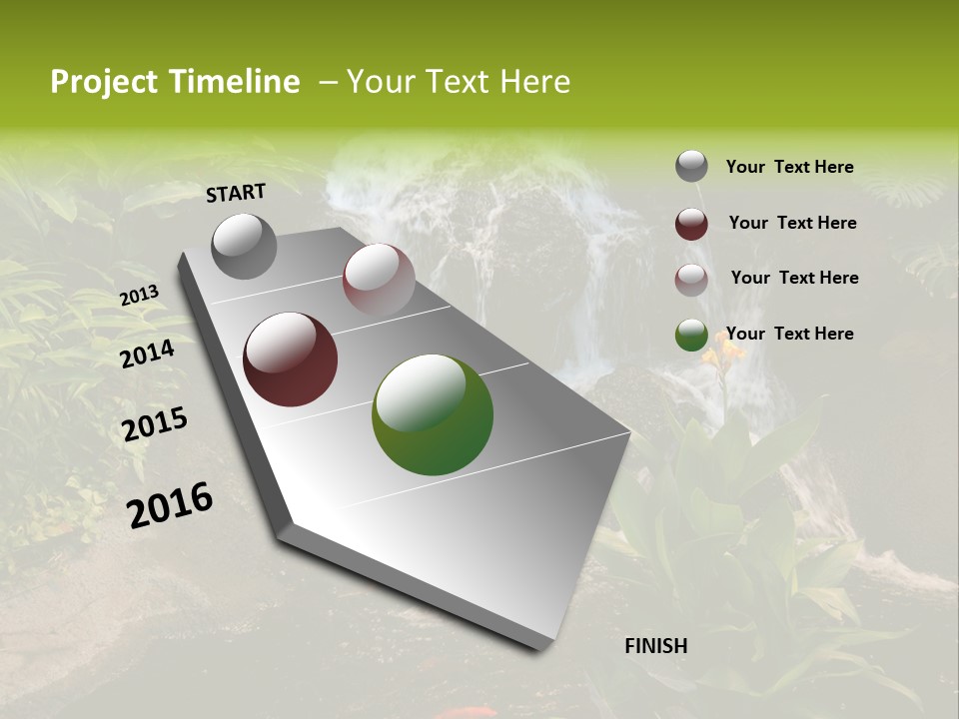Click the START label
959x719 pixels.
pyautogui.click(x=236, y=193)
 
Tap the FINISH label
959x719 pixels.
pyautogui.click(x=655, y=646)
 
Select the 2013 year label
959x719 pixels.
pyautogui.click(x=139, y=296)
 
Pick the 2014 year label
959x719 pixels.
pyautogui.click(x=147, y=354)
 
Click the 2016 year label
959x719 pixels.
pyautogui.click(x=170, y=505)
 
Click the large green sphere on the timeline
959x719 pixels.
pyautogui.click(x=433, y=414)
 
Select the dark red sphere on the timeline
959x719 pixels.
pyautogui.click(x=290, y=359)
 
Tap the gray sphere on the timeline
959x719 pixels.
pyautogui.click(x=244, y=246)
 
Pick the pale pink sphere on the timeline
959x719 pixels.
pyautogui.click(x=379, y=279)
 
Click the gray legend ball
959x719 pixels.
pyautogui.click(x=691, y=167)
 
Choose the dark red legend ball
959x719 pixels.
pyautogui.click(x=691, y=224)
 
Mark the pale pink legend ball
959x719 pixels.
pyautogui.click(x=691, y=280)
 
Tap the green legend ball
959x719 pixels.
pyautogui.click(x=691, y=336)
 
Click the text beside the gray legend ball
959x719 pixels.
pyautogui.click(x=789, y=168)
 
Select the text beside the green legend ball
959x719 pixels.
pyautogui.click(x=789, y=334)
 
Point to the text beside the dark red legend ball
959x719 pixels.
pyautogui.click(x=792, y=223)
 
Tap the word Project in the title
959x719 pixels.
pyautogui.click(x=104, y=82)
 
